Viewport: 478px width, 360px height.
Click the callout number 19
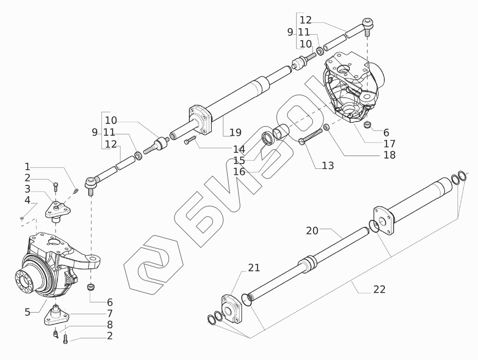235,132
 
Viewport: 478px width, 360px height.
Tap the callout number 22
380,289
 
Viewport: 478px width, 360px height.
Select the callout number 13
327,165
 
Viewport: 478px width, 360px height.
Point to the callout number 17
389,143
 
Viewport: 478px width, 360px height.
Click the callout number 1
28,167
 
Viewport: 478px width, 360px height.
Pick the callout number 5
28,312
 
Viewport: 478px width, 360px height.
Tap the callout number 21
254,268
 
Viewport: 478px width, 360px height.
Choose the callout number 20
312,231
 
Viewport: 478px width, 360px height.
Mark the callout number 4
28,199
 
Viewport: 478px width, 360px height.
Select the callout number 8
109,325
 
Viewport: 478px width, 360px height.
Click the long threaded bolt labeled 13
312,136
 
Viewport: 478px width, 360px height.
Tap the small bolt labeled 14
190,140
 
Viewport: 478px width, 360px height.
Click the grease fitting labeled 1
76,192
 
